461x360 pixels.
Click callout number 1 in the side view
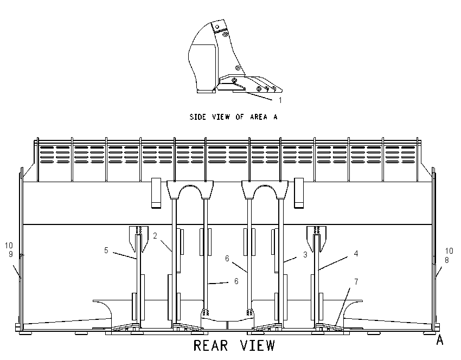[x=280, y=100]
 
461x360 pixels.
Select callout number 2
[x=155, y=236]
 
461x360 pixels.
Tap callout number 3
[x=305, y=254]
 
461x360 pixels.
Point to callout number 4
[x=356, y=253]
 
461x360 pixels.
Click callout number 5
[x=106, y=250]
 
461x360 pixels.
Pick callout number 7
[x=356, y=281]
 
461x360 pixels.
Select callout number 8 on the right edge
[x=446, y=260]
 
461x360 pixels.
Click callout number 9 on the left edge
[x=11, y=254]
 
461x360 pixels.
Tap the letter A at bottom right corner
[x=439, y=340]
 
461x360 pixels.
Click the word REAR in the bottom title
[x=211, y=345]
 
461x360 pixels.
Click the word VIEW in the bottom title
[x=258, y=345]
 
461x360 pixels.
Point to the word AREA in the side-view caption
[x=259, y=117]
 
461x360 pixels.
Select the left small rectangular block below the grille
[x=156, y=193]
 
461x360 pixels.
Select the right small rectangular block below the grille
[x=299, y=193]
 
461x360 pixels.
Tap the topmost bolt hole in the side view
[x=217, y=27]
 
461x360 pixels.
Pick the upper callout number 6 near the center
[x=227, y=258]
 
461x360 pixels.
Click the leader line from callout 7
[x=343, y=306]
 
